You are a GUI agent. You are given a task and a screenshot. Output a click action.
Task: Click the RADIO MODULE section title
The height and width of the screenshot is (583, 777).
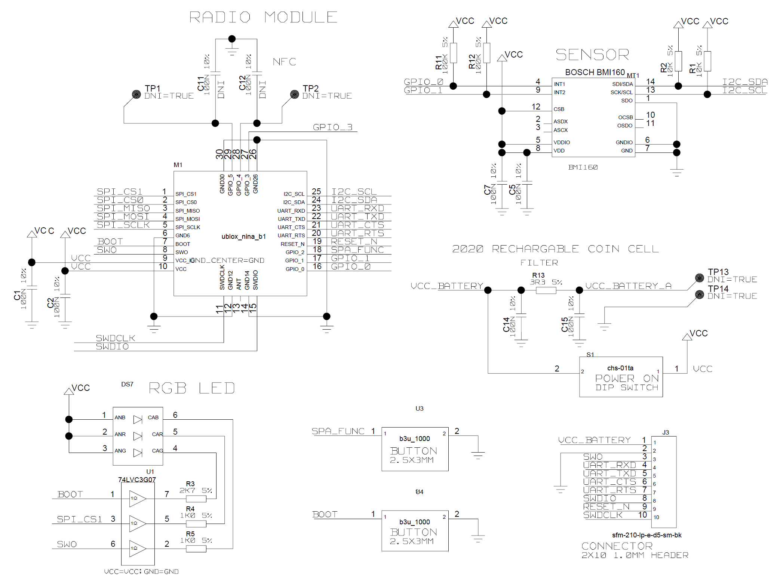263,17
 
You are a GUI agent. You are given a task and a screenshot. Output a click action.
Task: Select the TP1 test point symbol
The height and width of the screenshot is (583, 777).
136,94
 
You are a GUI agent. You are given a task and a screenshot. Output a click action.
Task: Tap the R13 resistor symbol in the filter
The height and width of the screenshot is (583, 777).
546,290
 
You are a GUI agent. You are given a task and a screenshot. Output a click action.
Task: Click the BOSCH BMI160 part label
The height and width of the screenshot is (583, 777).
595,72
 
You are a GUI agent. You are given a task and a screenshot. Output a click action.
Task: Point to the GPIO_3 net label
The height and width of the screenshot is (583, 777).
332,127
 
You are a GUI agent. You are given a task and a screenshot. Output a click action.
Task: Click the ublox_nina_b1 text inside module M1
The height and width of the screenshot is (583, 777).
243,237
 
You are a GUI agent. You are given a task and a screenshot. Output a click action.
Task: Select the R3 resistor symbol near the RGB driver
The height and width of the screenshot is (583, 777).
196,499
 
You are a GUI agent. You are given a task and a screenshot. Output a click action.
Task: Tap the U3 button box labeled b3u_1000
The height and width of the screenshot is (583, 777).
415,449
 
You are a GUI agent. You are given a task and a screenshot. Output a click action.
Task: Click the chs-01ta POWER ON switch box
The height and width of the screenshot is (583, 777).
621,377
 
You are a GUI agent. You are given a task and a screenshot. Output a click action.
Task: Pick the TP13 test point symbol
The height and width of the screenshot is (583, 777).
699,278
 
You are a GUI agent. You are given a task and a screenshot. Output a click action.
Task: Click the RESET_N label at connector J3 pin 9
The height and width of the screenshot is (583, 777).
606,507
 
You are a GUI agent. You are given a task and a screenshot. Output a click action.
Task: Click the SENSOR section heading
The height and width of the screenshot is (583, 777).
592,55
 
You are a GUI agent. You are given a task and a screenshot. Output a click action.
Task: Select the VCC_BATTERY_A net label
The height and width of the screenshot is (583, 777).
628,286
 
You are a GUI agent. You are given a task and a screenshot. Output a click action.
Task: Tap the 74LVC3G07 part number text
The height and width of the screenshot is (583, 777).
137,479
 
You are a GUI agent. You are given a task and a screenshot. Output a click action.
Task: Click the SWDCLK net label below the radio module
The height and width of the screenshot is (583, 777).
115,338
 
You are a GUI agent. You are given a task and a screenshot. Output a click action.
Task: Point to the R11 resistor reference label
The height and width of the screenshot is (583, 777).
439,62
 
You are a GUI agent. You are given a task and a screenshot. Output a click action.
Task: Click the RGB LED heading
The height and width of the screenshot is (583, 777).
192,388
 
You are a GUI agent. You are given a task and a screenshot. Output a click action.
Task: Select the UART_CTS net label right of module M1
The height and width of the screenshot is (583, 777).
357,225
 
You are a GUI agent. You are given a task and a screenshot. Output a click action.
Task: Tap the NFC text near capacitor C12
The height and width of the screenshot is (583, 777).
284,62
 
